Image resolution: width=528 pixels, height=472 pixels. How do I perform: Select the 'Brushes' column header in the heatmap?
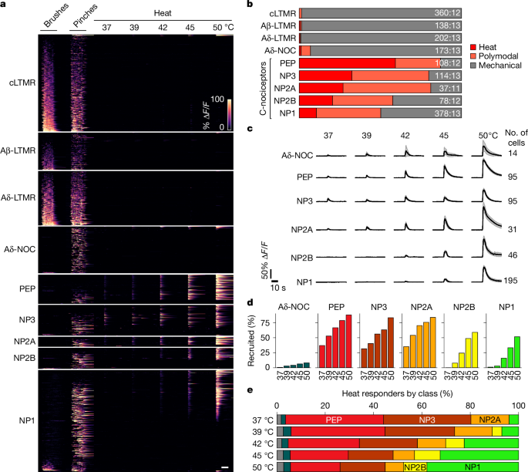[55, 23]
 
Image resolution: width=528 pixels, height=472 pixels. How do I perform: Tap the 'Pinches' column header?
[82, 23]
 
